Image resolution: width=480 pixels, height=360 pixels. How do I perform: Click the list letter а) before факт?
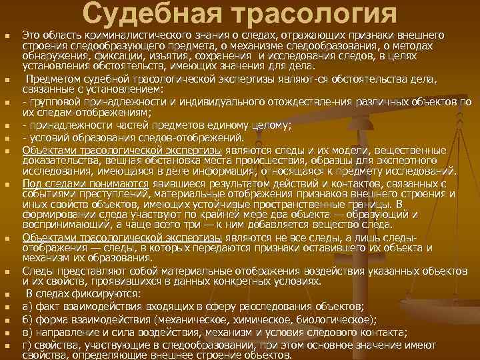click(28, 307)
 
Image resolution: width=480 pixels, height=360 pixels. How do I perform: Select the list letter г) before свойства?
click(27, 345)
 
